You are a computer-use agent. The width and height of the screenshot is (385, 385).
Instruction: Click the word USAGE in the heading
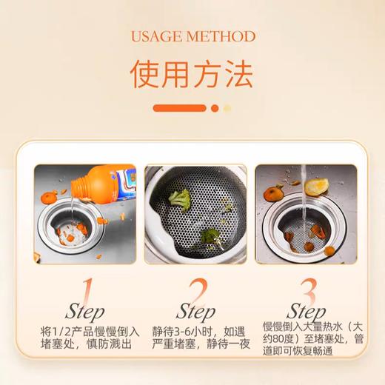click(155, 36)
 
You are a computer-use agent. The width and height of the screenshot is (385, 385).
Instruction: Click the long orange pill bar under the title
click(179, 107)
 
